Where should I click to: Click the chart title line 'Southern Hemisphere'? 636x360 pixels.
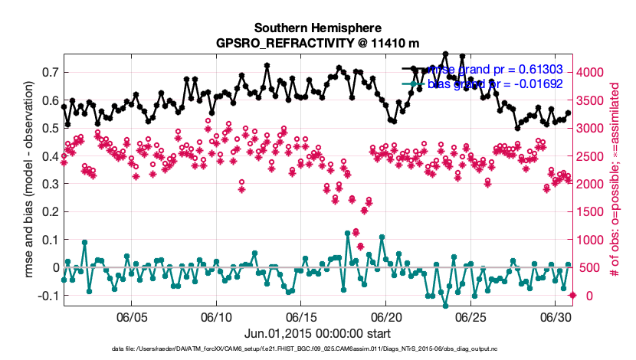point(317,28)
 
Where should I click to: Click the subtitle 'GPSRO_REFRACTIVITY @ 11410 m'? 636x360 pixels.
point(317,43)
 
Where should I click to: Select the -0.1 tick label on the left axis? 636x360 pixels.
point(47,296)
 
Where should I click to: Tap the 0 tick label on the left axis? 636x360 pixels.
point(54,267)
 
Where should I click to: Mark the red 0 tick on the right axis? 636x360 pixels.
point(584,296)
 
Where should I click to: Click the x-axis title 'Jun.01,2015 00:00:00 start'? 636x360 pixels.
point(317,333)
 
